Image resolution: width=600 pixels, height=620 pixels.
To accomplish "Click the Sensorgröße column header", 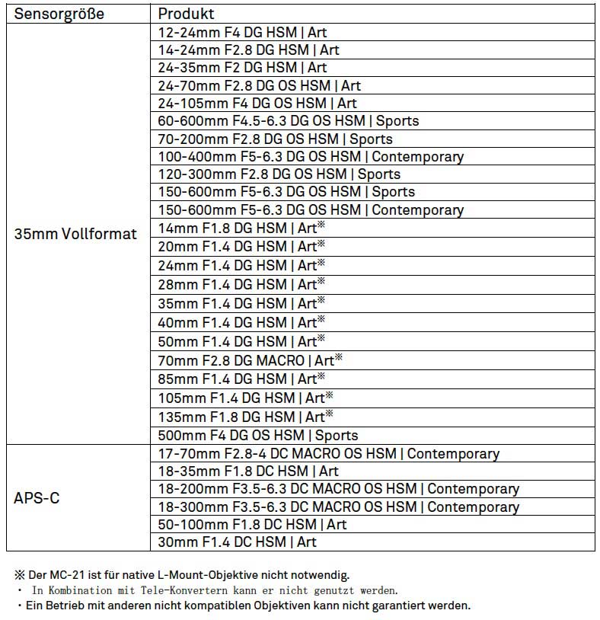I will [59, 14].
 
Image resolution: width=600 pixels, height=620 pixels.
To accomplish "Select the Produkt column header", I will [187, 14].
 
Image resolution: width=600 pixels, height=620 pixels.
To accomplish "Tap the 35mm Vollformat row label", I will [76, 234].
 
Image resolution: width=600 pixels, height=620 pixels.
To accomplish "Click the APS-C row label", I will [37, 498].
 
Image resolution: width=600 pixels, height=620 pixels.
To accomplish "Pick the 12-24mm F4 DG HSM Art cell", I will [243, 33].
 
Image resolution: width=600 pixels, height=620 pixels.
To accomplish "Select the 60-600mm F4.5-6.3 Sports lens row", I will [289, 120].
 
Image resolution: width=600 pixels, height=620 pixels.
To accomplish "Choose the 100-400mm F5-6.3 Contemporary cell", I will [311, 157].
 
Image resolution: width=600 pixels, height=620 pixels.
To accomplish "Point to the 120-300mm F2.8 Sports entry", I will [279, 174].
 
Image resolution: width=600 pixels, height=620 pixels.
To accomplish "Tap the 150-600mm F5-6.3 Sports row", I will [286, 192].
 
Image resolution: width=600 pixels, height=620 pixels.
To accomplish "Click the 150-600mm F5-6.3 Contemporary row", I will [311, 209].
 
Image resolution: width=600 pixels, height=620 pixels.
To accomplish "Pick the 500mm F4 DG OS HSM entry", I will [258, 435].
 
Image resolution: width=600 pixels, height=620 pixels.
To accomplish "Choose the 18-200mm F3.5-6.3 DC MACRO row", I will [339, 489].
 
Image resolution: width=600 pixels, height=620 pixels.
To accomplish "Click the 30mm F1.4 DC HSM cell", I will [238, 542].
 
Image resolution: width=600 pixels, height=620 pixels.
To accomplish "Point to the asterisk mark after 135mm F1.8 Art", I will [330, 414].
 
